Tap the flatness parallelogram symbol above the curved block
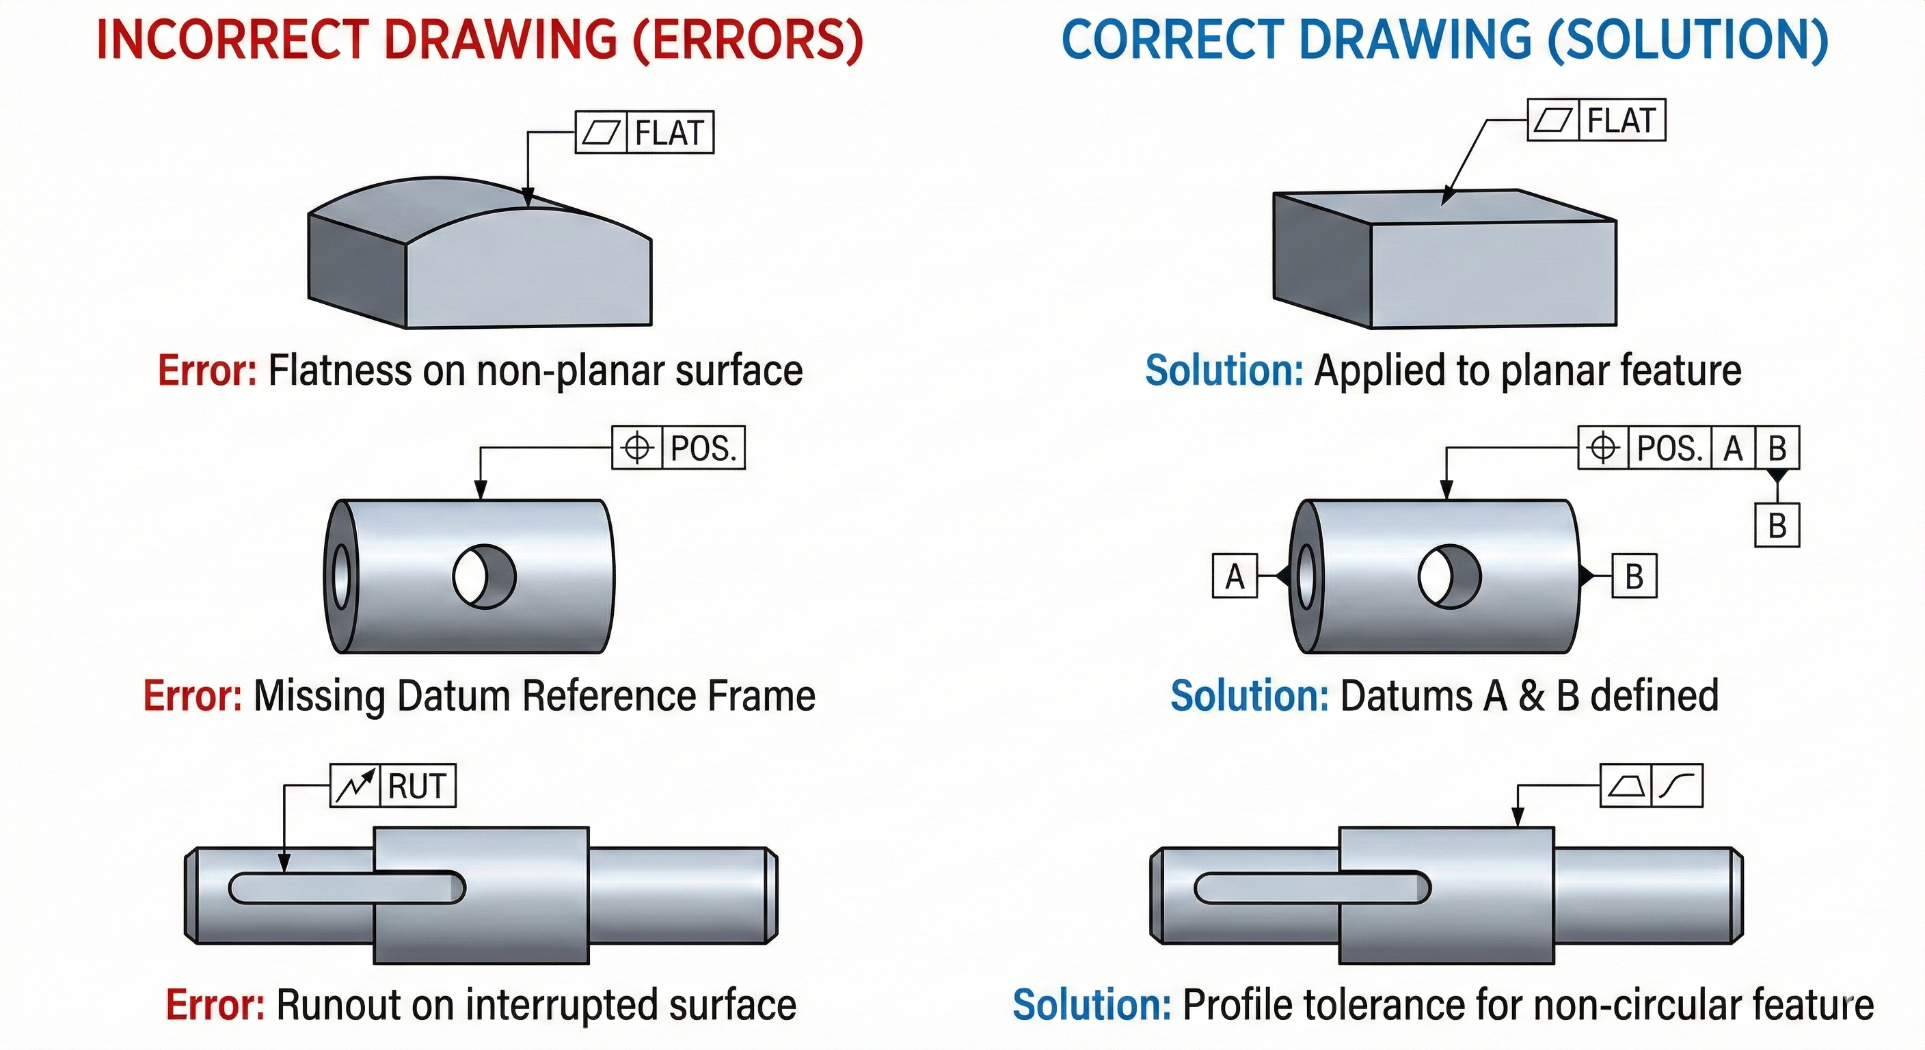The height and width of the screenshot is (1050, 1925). pyautogui.click(x=601, y=133)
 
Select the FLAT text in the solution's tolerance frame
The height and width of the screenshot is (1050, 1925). pyautogui.click(x=1621, y=121)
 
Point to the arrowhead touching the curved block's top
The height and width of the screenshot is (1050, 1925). pyautogui.click(x=528, y=198)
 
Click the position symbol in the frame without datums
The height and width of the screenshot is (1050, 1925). pyautogui.click(x=636, y=448)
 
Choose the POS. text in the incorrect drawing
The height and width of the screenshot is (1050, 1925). pyautogui.click(x=703, y=448)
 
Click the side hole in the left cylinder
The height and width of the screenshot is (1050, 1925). pyautogui.click(x=484, y=576)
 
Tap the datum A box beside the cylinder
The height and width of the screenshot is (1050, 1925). pyautogui.click(x=1235, y=576)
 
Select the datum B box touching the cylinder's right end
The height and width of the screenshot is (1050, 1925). pyautogui.click(x=1634, y=576)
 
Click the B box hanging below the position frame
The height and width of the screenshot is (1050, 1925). pyautogui.click(x=1777, y=526)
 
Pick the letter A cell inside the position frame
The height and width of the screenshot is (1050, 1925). pyautogui.click(x=1733, y=448)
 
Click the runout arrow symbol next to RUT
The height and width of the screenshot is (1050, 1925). pyautogui.click(x=355, y=786)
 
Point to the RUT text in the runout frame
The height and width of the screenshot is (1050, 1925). pyautogui.click(x=418, y=786)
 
